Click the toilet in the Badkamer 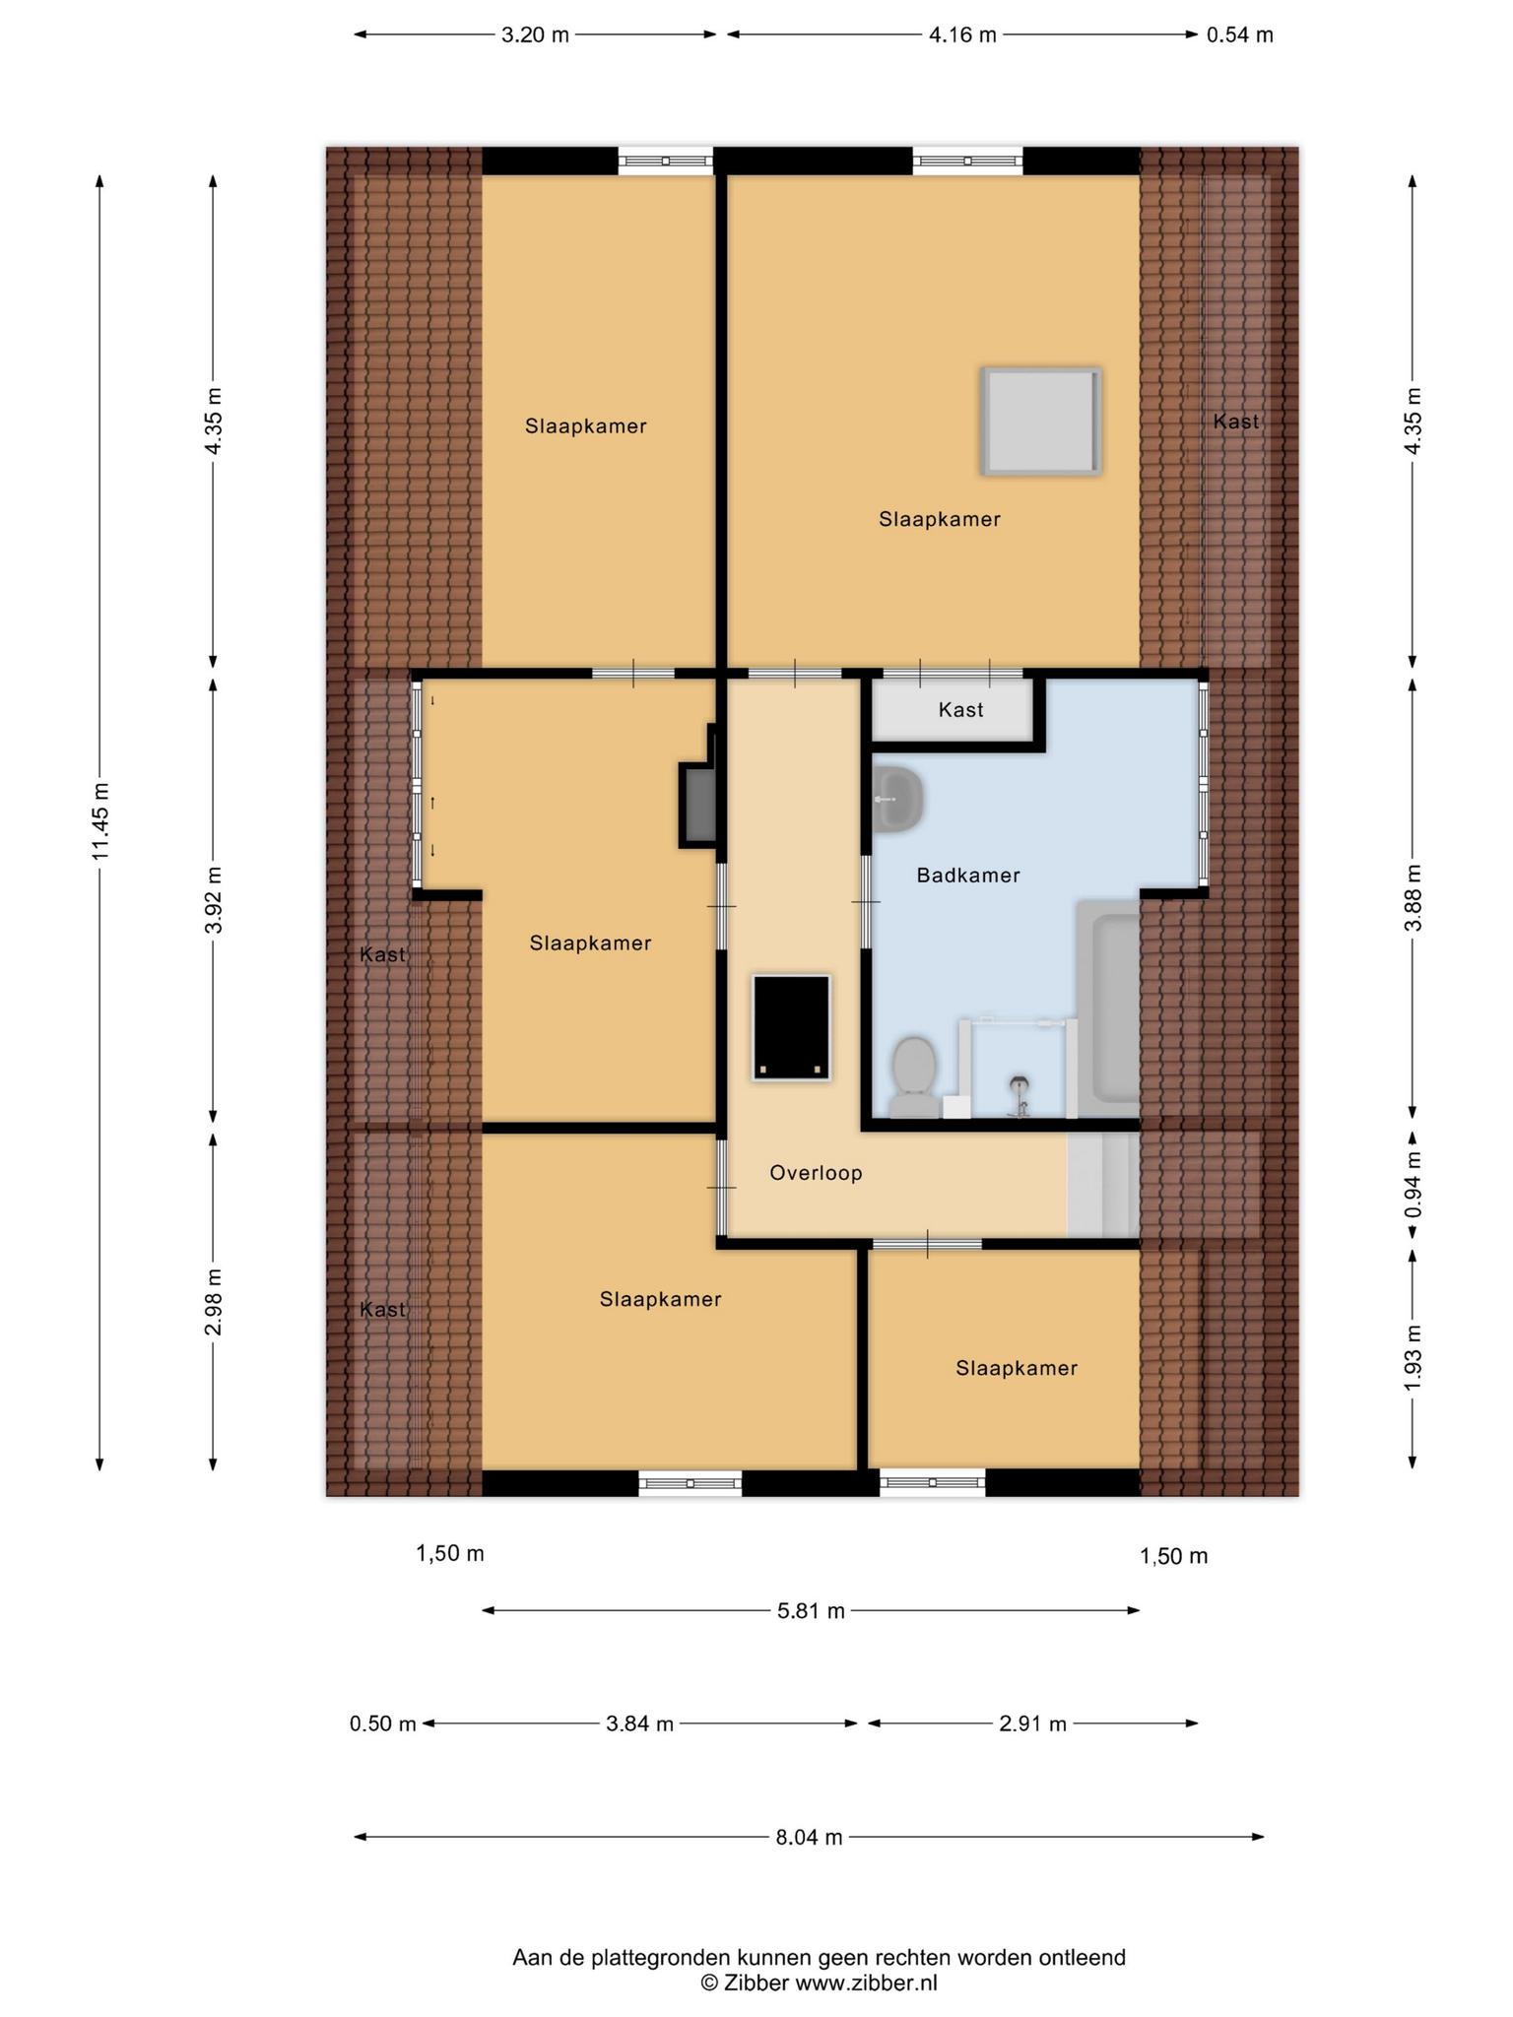coord(913,1076)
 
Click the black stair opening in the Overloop coord(791,1027)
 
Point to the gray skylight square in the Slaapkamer coord(1040,422)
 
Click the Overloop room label coord(816,1173)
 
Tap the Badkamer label coord(968,875)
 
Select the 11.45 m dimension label coord(100,821)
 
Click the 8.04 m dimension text coord(809,1837)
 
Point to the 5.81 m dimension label coord(812,1611)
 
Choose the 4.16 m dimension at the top coord(962,35)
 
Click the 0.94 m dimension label coord(1414,1184)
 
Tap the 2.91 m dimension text coord(1032,1724)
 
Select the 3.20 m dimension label coord(535,35)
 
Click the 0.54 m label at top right coord(1240,35)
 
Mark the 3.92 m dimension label coord(214,900)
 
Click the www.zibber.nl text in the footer coord(866,1984)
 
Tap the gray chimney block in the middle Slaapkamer coord(700,805)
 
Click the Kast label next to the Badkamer coord(960,710)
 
